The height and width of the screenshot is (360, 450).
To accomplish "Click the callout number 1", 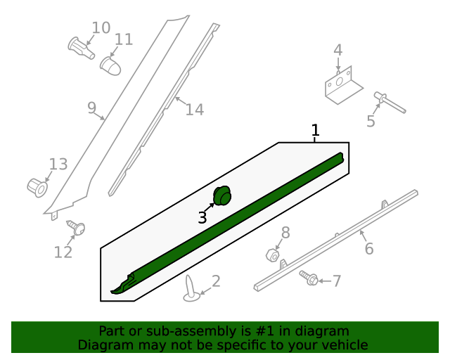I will pyautogui.click(x=316, y=130).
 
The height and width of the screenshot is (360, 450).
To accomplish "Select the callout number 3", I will pyautogui.click(x=202, y=218).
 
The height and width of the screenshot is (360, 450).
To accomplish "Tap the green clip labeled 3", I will pyautogui.click(x=222, y=195).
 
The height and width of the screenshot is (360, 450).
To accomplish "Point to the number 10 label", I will pyautogui.click(x=101, y=27).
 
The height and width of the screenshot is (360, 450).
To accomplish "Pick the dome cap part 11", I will pyautogui.click(x=110, y=65).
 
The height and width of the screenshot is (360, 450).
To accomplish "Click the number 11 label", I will pyautogui.click(x=124, y=39).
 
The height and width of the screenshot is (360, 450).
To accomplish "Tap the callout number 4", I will pyautogui.click(x=337, y=50).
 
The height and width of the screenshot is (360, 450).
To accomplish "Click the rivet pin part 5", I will pyautogui.click(x=390, y=102).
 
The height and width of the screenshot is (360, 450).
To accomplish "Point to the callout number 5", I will pyautogui.click(x=371, y=122).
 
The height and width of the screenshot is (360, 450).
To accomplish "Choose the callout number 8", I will pyautogui.click(x=285, y=233).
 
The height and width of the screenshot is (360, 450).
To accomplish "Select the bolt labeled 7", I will pyautogui.click(x=309, y=278).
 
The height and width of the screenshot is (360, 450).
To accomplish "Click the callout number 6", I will pyautogui.click(x=369, y=248).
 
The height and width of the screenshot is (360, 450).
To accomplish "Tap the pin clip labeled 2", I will pyautogui.click(x=192, y=290).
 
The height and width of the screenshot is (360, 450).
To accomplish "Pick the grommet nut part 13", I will pyautogui.click(x=37, y=187).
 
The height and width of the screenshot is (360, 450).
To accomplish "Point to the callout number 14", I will pyautogui.click(x=195, y=110).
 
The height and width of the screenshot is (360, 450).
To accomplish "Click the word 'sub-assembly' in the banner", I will pyautogui.click(x=184, y=331).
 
